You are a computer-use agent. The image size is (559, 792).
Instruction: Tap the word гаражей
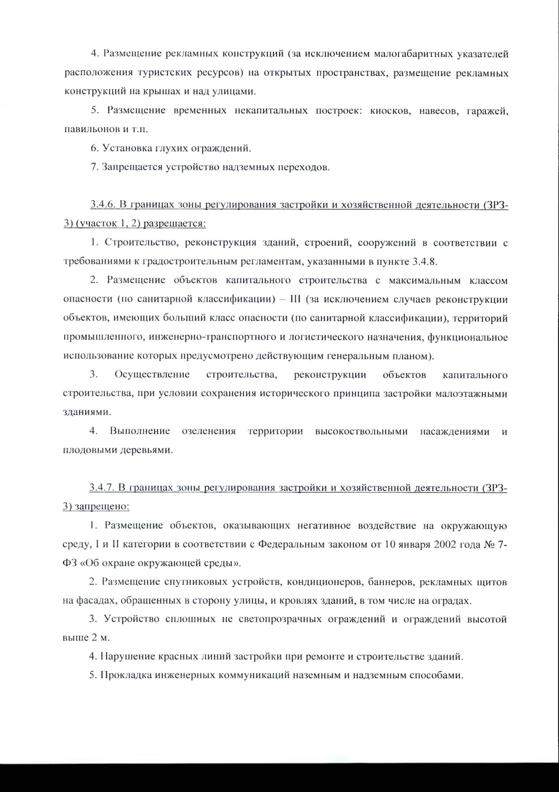tap(487, 111)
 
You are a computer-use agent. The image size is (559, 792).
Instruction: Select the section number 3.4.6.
tap(103, 205)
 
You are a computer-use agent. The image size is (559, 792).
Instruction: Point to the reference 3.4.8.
tap(425, 261)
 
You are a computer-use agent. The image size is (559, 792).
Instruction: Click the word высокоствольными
tap(361, 431)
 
